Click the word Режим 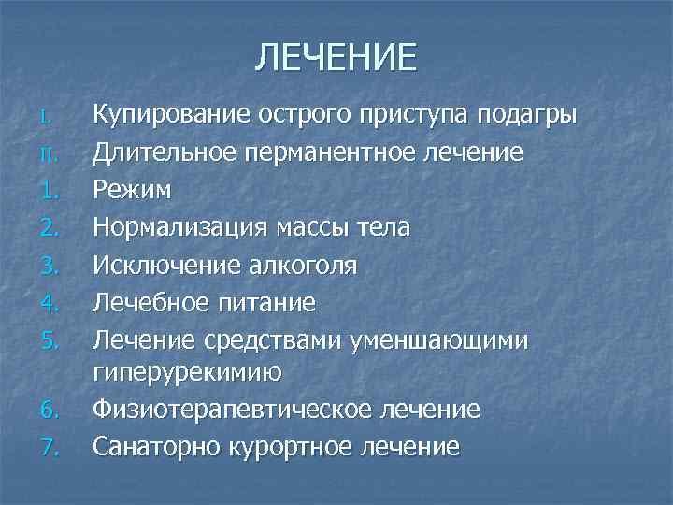[x=131, y=191]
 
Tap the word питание [x=268, y=302]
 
